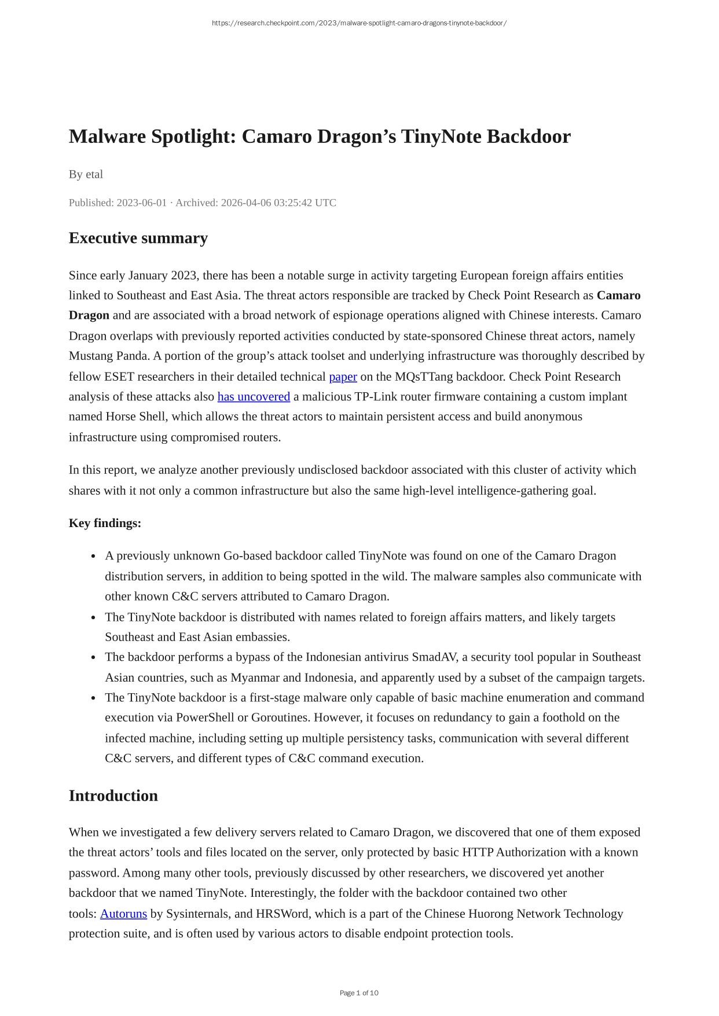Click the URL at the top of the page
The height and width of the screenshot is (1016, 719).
[359, 23]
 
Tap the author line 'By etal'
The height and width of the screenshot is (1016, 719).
[86, 174]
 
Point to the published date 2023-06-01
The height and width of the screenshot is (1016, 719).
[141, 203]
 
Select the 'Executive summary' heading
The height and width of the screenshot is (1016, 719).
[138, 238]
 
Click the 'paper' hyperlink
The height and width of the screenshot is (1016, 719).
[343, 377]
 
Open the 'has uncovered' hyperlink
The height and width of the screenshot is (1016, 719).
[254, 397]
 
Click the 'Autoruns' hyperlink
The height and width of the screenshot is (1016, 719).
[123, 914]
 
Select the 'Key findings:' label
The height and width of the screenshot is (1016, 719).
[105, 523]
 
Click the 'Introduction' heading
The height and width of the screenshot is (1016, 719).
[113, 796]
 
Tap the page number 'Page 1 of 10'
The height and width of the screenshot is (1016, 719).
[359, 993]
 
